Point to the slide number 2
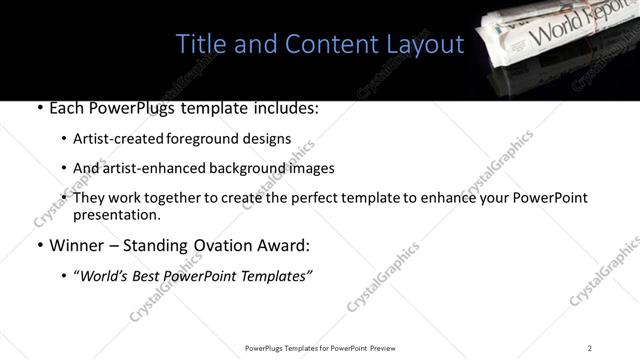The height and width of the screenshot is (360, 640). (590, 347)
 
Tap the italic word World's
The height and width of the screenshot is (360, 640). (110, 276)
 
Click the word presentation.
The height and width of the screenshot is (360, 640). (116, 214)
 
